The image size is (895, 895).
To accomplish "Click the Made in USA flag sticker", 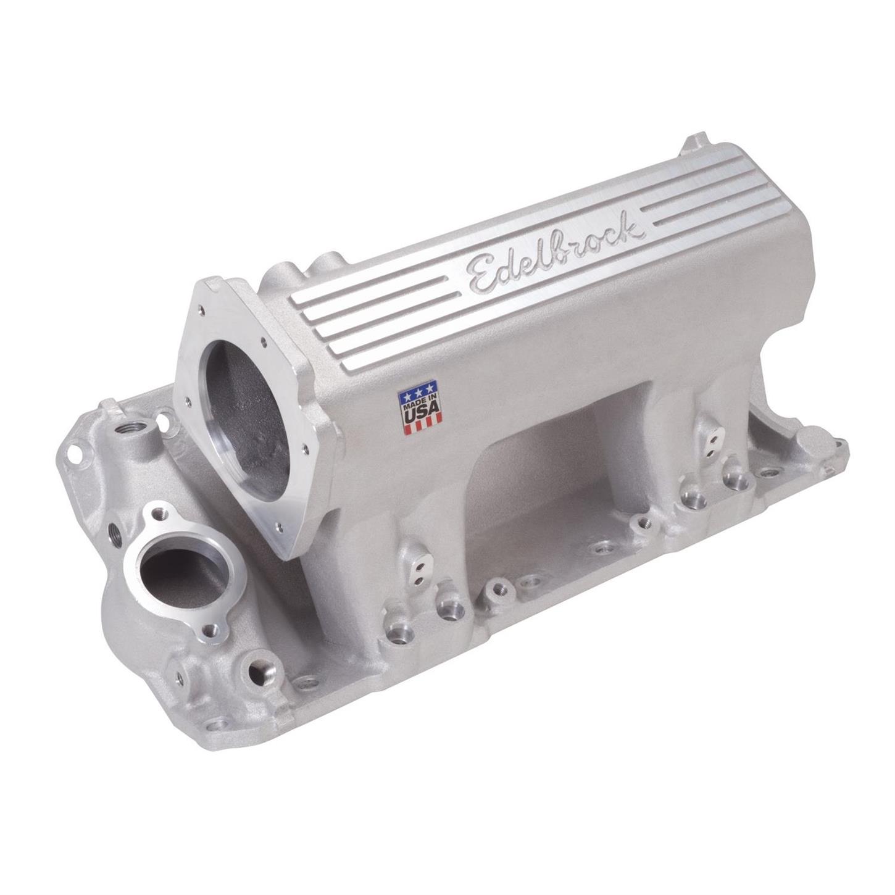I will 421,409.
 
